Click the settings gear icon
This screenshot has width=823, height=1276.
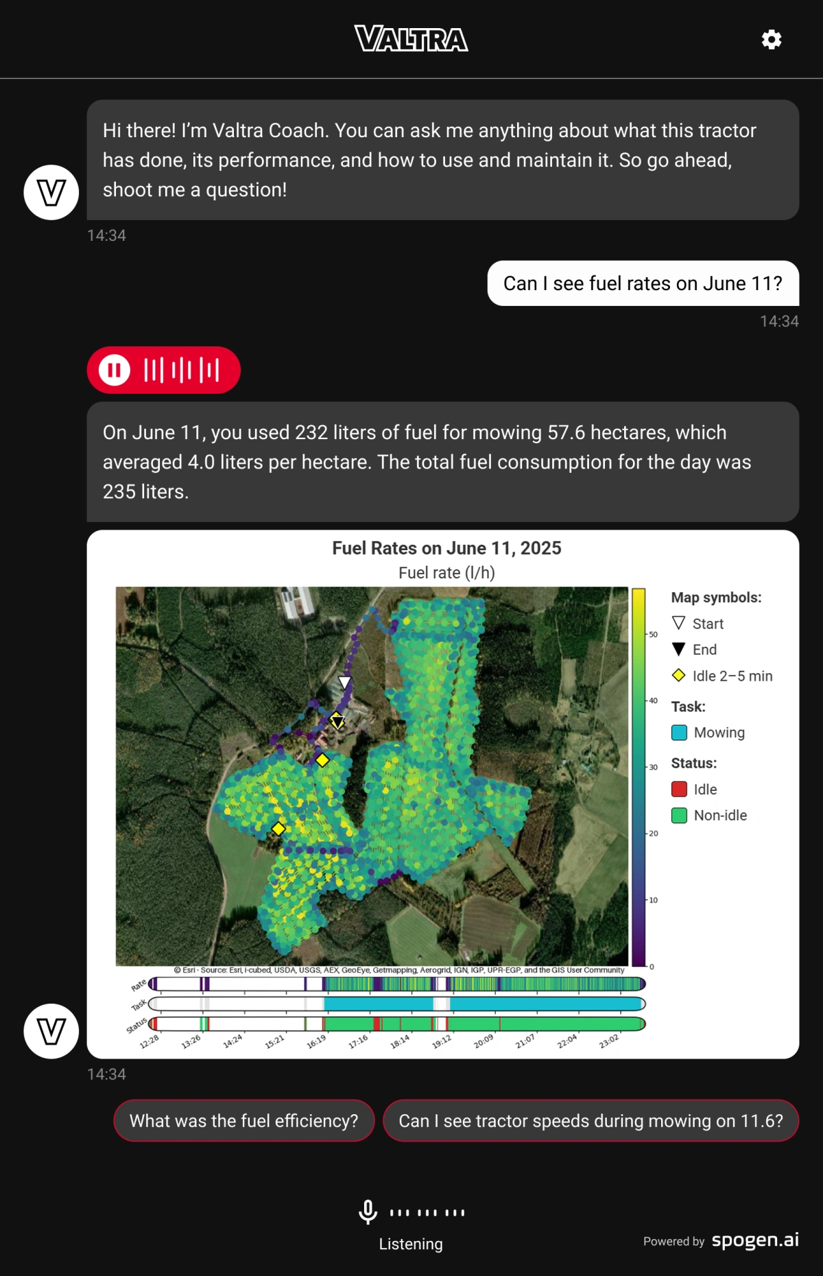[x=772, y=40]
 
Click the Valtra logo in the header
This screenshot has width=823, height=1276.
[x=411, y=39]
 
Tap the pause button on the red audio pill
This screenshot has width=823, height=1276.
[x=115, y=370]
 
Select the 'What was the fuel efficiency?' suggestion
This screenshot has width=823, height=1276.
[x=243, y=1121]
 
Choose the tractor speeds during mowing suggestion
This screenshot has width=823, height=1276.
[x=591, y=1121]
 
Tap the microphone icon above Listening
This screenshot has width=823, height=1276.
[x=368, y=1212]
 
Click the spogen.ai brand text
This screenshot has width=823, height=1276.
[x=755, y=1240]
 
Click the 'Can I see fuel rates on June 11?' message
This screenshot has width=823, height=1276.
[x=643, y=283]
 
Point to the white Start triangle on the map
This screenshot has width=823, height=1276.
[x=345, y=682]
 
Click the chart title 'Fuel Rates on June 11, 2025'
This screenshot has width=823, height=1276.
[x=446, y=548]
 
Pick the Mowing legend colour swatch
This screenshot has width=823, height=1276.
[x=679, y=733]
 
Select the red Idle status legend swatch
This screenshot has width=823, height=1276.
[x=679, y=790]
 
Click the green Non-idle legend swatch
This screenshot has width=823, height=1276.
[x=679, y=816]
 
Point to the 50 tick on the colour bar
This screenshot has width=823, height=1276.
[x=653, y=635]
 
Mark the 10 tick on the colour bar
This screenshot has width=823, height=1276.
[x=653, y=900]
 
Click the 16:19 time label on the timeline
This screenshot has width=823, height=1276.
[x=316, y=1041]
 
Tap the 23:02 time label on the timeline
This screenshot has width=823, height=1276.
[x=609, y=1041]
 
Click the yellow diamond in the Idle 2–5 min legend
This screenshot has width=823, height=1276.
[x=679, y=676]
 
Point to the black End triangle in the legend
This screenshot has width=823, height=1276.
[x=679, y=649]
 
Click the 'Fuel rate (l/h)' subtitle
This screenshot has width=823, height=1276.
[x=446, y=573]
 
